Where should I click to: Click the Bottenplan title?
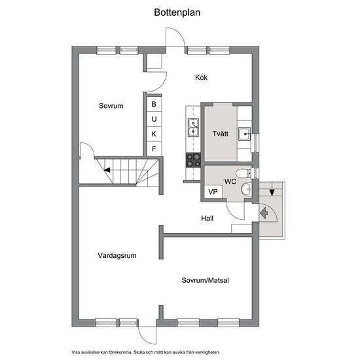click(x=177, y=12)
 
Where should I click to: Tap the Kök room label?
click(x=201, y=77)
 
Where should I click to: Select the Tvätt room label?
click(x=220, y=134)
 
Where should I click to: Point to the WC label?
click(x=230, y=181)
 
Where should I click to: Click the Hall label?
click(x=207, y=218)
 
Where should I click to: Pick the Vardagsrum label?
click(x=117, y=255)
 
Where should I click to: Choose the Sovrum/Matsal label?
click(x=205, y=280)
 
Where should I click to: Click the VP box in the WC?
click(x=213, y=192)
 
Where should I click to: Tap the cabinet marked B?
click(x=154, y=104)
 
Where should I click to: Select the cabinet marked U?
click(x=154, y=119)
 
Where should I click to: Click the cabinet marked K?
click(x=154, y=134)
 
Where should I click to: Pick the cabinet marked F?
click(x=154, y=149)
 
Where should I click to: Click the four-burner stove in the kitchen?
click(x=193, y=160)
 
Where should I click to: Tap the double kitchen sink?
click(x=193, y=128)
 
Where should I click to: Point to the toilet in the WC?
click(x=243, y=173)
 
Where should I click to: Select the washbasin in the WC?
click(x=246, y=189)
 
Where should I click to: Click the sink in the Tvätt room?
click(x=244, y=134)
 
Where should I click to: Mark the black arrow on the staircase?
click(x=107, y=170)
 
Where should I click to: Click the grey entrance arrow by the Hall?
click(x=264, y=213)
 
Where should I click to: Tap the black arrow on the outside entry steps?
click(x=272, y=192)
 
